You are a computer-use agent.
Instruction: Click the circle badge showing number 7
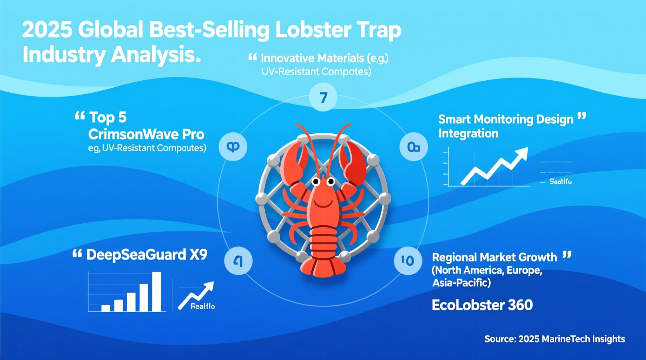(323, 97)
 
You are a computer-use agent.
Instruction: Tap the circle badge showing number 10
(408, 261)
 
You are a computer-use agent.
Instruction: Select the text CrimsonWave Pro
(146, 134)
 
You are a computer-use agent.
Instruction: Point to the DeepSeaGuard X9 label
(147, 255)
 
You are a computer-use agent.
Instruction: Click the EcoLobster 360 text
(482, 305)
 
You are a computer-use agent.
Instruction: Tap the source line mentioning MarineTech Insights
(554, 339)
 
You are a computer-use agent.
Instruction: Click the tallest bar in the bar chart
(156, 291)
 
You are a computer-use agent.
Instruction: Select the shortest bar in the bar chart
(106, 308)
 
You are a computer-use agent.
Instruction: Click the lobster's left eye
(316, 181)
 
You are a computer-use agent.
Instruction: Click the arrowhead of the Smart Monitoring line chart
(522, 153)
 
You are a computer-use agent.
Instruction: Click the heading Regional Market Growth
(494, 257)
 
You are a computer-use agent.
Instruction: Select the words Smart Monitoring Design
(505, 119)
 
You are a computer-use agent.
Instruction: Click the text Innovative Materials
(312, 58)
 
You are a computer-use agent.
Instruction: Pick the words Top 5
(108, 117)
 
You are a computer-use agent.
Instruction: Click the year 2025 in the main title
(47, 30)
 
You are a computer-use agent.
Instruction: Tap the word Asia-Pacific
(461, 283)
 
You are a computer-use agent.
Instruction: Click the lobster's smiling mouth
(323, 202)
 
